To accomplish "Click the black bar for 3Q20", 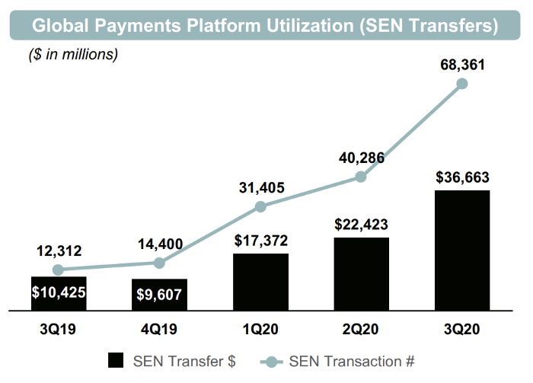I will pyautogui.click(x=462, y=251).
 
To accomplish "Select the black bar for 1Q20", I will pyautogui.click(x=260, y=282).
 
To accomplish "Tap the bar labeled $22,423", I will pyautogui.click(x=362, y=274).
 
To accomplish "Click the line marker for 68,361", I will pyautogui.click(x=462, y=84).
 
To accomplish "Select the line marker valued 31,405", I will pyautogui.click(x=260, y=206).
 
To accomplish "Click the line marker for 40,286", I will pyautogui.click(x=362, y=177).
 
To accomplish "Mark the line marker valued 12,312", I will pyautogui.click(x=59, y=270).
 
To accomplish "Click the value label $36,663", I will pyautogui.click(x=462, y=178).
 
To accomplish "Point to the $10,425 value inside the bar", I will pyautogui.click(x=59, y=291).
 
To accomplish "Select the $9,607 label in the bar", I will pyautogui.click(x=160, y=295).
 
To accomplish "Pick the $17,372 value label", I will pyautogui.click(x=260, y=241).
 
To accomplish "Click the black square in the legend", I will pyautogui.click(x=116, y=359).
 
